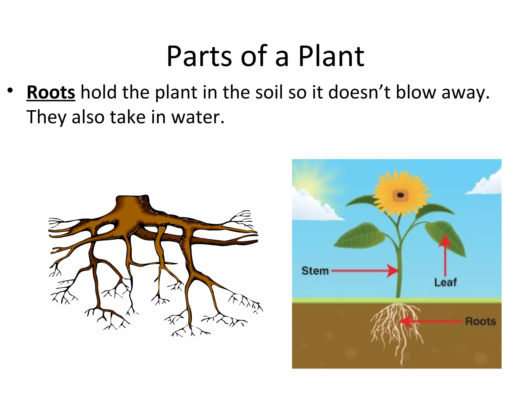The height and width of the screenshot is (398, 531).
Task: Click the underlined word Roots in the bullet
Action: pyautogui.click(x=51, y=93)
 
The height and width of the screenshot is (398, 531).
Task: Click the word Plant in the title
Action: pyautogui.click(x=331, y=56)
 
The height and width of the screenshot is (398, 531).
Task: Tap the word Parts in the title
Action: pyautogui.click(x=199, y=56)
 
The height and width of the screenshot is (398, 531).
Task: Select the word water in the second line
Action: pyautogui.click(x=198, y=117)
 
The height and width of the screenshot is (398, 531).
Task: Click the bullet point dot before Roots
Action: pyautogui.click(x=10, y=91)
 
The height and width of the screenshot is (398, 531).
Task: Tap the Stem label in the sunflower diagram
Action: pyautogui.click(x=315, y=271)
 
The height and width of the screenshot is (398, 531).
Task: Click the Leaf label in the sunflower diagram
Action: pyautogui.click(x=445, y=282)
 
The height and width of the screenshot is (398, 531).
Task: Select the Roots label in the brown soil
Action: pyautogui.click(x=480, y=321)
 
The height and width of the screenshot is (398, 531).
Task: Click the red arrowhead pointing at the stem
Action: pyautogui.click(x=393, y=271)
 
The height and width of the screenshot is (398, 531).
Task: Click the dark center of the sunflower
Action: pyautogui.click(x=400, y=195)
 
